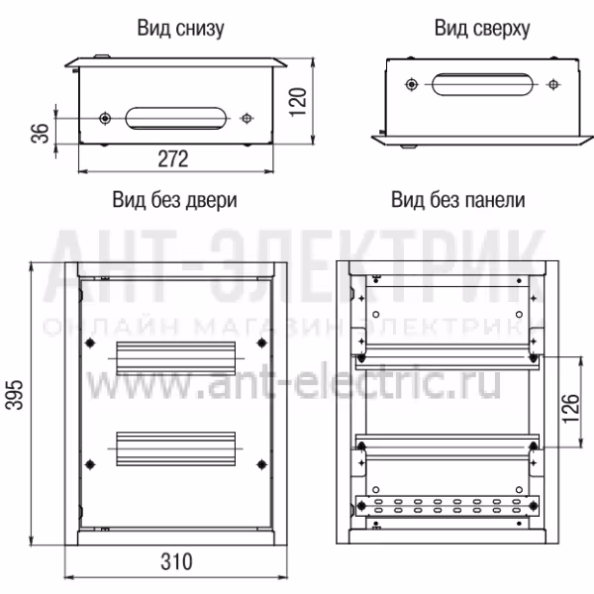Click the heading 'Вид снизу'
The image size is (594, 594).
(x=180, y=29)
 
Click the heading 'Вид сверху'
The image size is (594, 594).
(x=482, y=29)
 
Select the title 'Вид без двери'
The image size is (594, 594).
(x=174, y=200)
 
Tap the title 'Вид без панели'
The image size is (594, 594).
(x=458, y=200)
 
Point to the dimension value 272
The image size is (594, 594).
(x=172, y=158)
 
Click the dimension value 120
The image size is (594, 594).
(x=298, y=102)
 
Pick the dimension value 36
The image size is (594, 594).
(x=40, y=133)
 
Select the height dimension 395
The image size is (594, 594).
(x=15, y=395)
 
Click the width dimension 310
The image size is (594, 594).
(x=176, y=561)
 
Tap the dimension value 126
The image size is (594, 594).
(x=571, y=408)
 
